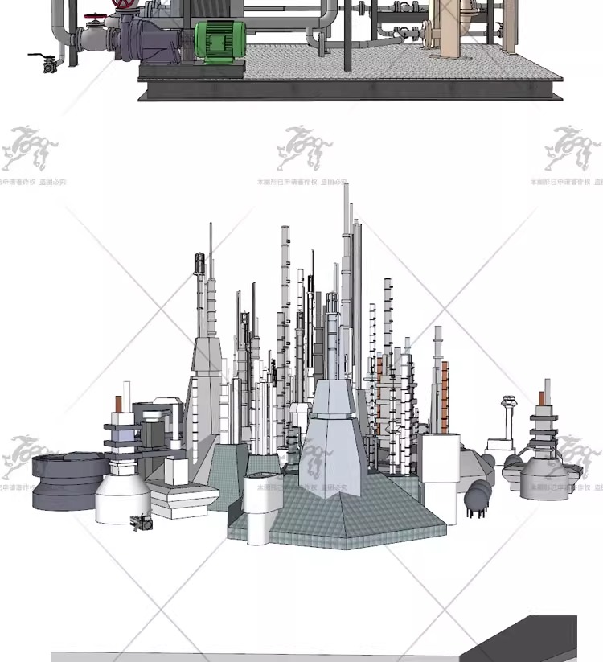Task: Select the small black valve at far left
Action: pos(48,64)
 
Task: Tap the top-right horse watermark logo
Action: pos(572,149)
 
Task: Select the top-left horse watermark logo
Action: pos(30,149)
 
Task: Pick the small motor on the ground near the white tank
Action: pos(142,522)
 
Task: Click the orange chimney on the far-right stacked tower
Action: pos(547,395)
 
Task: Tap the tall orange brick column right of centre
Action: pos(445,394)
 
